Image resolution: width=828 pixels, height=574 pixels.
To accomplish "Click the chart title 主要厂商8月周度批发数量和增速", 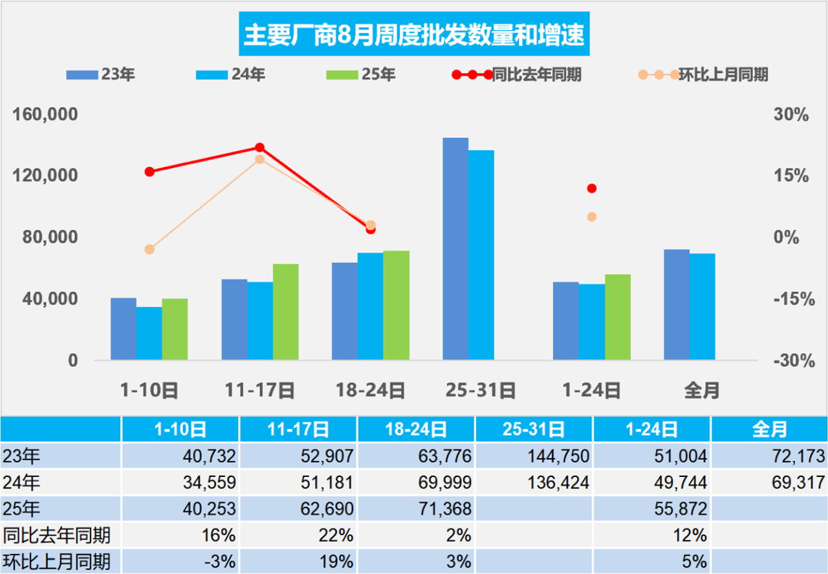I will click(x=413, y=34).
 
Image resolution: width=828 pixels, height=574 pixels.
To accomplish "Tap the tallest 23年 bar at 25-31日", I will click(x=455, y=248).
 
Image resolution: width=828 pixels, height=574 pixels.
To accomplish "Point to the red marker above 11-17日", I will click(x=260, y=148).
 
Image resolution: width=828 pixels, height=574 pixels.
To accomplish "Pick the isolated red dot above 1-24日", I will click(x=591, y=188).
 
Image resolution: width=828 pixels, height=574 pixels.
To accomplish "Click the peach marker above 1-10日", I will click(x=149, y=249).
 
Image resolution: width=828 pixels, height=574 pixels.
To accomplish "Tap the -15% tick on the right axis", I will click(x=790, y=299).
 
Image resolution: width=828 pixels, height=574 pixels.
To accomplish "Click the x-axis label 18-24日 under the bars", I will click(x=370, y=390).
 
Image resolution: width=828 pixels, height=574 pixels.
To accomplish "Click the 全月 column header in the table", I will click(x=769, y=428).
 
